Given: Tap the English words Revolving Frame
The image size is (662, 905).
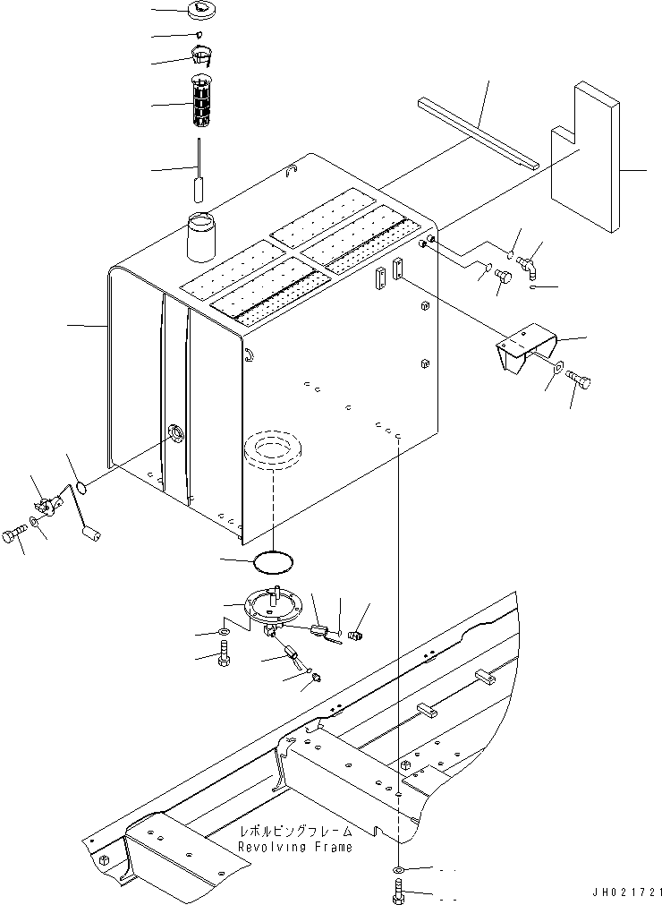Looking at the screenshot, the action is click(x=294, y=848).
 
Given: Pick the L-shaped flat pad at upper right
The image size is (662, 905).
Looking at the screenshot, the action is click(x=585, y=158).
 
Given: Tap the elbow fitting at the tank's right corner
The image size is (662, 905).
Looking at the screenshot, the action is click(x=527, y=267).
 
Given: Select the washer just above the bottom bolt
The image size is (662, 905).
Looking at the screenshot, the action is click(x=398, y=869).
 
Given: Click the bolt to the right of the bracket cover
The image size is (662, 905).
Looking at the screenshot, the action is click(x=580, y=379).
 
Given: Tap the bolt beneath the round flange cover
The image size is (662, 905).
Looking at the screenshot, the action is click(x=225, y=655).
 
